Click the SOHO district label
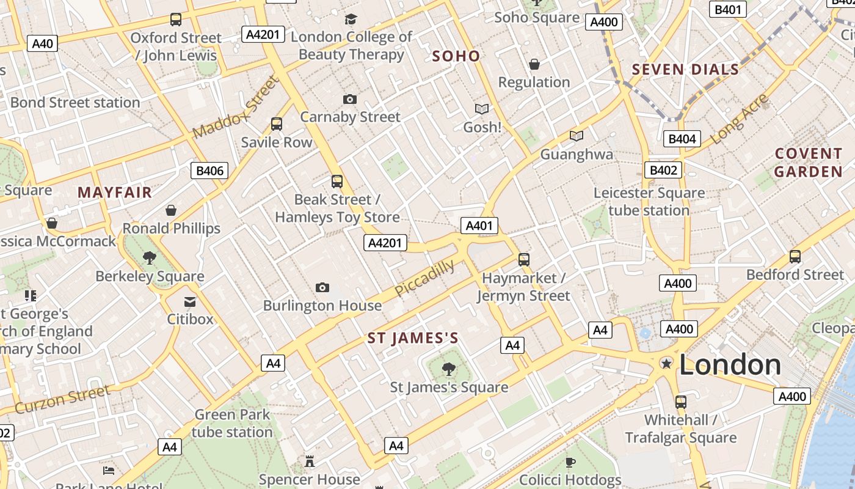pos(456,56)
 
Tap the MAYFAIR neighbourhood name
pos(115,193)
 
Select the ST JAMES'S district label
pos(413,338)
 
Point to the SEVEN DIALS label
pos(685,70)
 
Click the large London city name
pos(730,365)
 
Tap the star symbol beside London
pos(666,364)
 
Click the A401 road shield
pos(479,226)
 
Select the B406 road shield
pos(209,171)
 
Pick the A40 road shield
pos(43,43)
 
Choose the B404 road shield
pos(682,139)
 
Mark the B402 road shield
pos(663,170)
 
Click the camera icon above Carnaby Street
pos(350,99)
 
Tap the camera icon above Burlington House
pos(322,287)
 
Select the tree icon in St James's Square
pos(449,369)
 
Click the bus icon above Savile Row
pos(277,124)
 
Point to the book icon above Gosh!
pos(482,109)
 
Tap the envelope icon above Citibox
pos(190,301)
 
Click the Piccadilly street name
pos(425,278)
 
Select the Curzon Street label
pos(63,399)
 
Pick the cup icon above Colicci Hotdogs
pos(570,461)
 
